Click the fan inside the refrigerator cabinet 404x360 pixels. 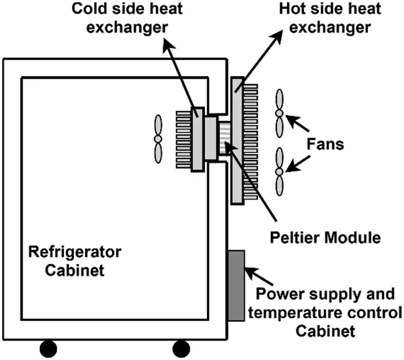coord(158,139)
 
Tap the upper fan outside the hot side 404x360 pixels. coord(280,113)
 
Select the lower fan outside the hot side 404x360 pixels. coord(280,171)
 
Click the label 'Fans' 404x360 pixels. coord(325,145)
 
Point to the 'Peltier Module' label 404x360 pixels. coord(324,237)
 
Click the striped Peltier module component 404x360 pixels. coord(223,139)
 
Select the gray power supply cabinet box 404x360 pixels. coord(236,285)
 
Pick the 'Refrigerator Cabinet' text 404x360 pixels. coord(75,261)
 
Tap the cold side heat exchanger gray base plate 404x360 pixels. coord(198,139)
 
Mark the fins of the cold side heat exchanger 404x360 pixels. coord(184,139)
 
